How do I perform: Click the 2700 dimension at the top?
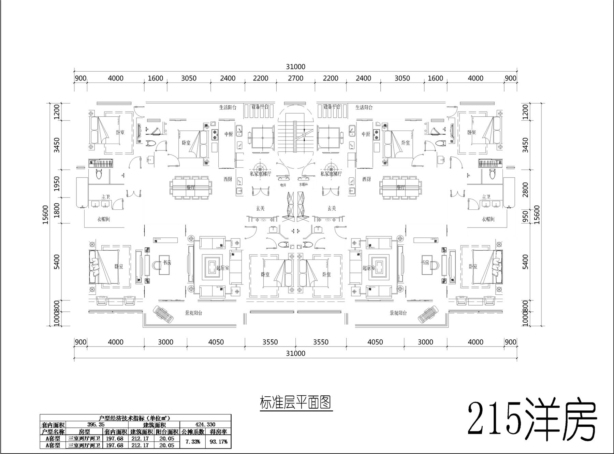(295, 78)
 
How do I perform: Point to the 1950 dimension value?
(57, 184)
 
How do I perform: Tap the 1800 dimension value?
(57, 210)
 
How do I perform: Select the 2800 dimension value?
(525, 190)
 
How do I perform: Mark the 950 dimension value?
(525, 216)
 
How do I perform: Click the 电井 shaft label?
(283, 185)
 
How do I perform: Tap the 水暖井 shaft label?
(304, 185)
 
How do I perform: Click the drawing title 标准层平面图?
(295, 402)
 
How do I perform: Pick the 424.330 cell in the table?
(205, 425)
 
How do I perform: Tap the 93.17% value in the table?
(218, 442)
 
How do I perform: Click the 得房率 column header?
(218, 431)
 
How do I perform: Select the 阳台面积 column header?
(167, 431)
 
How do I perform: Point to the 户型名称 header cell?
(53, 431)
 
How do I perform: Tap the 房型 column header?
(84, 431)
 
